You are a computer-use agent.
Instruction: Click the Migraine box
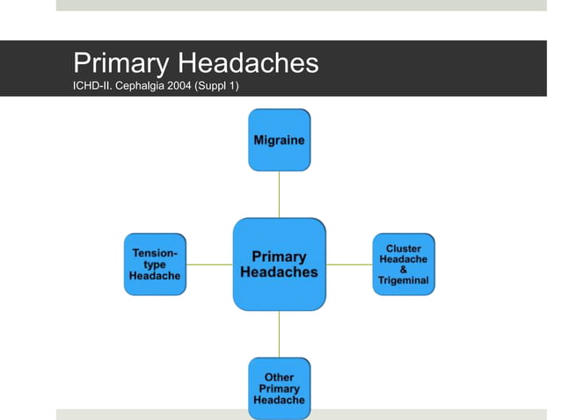279,140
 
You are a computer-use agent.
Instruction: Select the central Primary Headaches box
279,264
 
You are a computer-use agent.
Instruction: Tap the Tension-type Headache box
155,264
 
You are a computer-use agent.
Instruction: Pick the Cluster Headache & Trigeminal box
404,264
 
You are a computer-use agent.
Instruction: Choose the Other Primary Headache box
279,388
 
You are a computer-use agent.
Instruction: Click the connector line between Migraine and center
279,194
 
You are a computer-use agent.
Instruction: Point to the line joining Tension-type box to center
209,264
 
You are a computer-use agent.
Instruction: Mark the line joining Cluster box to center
349,264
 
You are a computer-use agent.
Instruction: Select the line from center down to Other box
279,334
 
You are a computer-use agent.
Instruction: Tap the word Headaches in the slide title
247,63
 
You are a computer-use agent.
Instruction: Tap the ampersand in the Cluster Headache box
404,270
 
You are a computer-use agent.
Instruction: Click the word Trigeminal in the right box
404,280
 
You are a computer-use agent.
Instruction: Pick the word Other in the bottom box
279,378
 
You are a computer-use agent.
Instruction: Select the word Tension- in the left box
155,253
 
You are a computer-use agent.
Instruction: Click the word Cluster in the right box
404,249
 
